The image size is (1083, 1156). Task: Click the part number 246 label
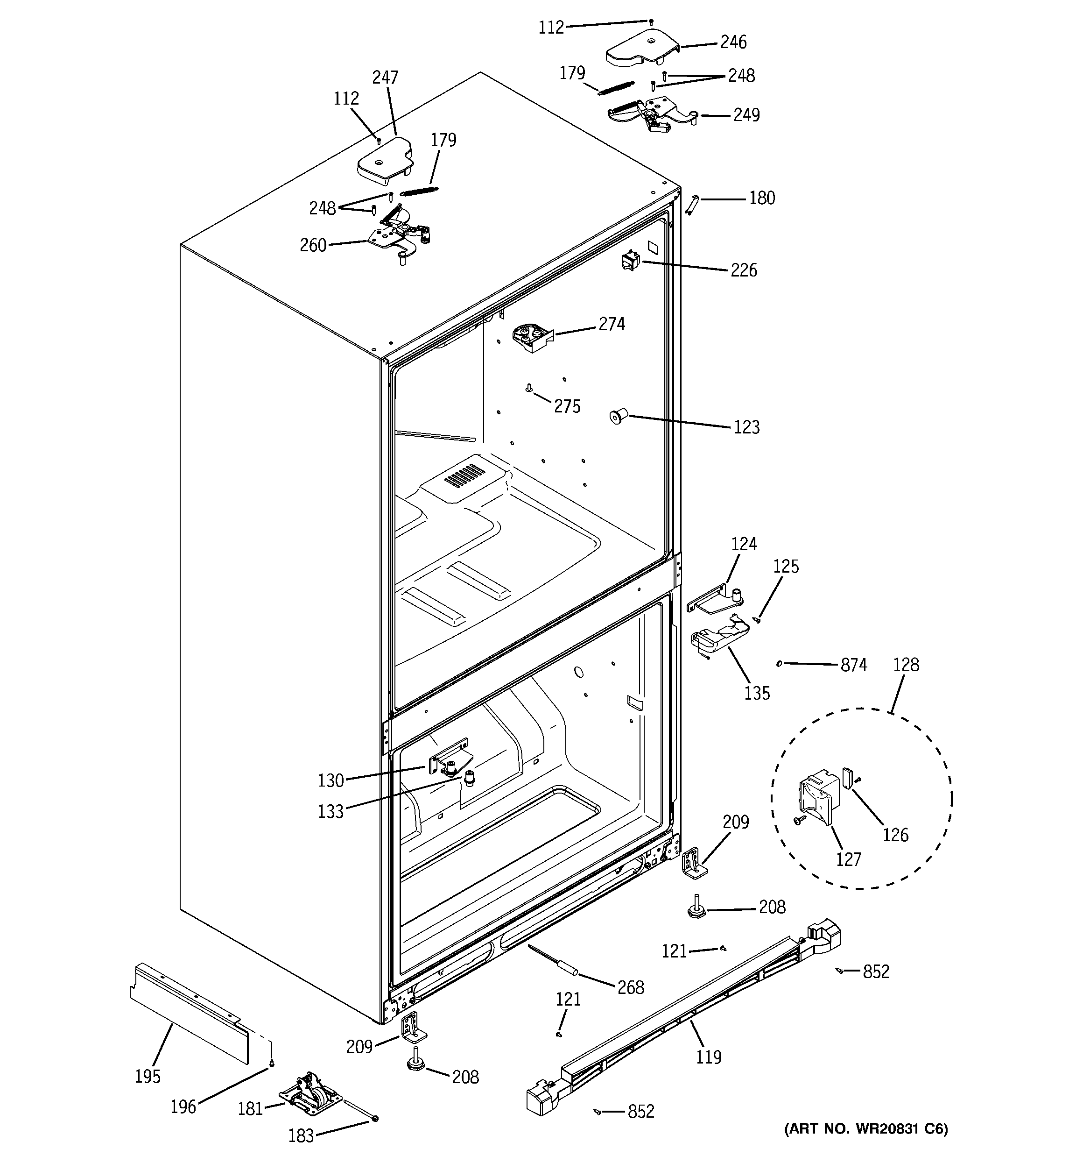(733, 42)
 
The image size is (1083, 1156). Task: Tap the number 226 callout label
(744, 270)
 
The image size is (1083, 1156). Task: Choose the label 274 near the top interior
(612, 324)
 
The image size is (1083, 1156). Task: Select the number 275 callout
(567, 406)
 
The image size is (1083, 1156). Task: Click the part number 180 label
(761, 199)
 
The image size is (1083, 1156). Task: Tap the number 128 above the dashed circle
(906, 665)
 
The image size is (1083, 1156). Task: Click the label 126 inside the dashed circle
(895, 836)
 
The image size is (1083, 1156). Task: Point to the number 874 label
(853, 665)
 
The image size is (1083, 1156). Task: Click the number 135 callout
(757, 693)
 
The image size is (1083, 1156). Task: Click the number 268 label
(631, 987)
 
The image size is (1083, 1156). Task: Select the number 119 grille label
(709, 1057)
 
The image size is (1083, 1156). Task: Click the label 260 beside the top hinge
(313, 245)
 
